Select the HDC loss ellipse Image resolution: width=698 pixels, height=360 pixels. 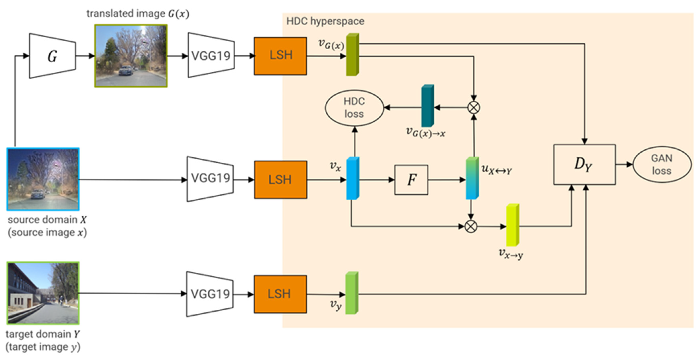(354, 108)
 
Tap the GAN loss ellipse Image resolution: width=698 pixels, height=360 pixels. (661, 165)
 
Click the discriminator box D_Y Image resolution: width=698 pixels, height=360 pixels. (584, 165)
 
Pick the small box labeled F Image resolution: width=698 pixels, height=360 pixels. (411, 180)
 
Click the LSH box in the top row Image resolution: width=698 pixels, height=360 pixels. (280, 56)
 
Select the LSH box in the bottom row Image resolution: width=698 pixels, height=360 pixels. (280, 294)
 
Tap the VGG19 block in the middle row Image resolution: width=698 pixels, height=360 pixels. (210, 179)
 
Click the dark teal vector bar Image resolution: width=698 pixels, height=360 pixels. (427, 106)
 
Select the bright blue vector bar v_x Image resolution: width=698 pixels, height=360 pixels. (353, 178)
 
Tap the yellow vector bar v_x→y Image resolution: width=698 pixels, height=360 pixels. (512, 225)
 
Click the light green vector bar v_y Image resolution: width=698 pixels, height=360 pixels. (352, 293)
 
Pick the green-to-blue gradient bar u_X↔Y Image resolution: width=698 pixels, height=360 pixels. (472, 178)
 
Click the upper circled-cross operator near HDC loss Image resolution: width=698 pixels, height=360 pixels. (474, 108)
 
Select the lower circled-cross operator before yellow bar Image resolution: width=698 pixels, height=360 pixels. (471, 226)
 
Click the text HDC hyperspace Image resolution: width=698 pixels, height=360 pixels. (325, 21)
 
